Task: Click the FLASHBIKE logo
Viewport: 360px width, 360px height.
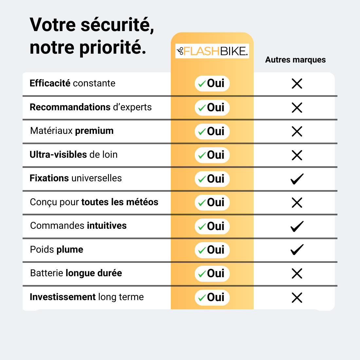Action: (x=212, y=51)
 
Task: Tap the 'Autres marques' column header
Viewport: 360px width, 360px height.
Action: (x=295, y=60)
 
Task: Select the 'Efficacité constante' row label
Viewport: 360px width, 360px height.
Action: (x=72, y=83)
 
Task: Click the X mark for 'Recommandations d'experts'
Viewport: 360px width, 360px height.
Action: (x=297, y=108)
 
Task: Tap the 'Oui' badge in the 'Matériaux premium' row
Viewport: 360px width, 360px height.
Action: (x=212, y=131)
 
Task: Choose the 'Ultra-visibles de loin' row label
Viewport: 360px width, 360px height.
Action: (x=73, y=154)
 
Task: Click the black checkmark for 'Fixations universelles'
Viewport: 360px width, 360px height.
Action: (x=297, y=179)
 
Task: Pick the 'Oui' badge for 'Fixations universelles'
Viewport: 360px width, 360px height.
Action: (x=212, y=179)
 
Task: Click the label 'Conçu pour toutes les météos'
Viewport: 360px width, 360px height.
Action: (x=94, y=202)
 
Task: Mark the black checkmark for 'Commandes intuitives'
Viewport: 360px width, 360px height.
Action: (x=297, y=226)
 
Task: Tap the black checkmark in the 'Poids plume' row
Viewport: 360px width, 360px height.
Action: (x=297, y=250)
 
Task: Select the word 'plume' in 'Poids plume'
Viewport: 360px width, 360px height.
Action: (x=70, y=250)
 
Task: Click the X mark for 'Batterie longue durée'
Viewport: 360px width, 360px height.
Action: (x=297, y=274)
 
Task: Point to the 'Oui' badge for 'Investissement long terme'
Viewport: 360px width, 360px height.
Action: (x=212, y=297)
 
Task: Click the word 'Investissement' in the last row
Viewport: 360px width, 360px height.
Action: (x=63, y=297)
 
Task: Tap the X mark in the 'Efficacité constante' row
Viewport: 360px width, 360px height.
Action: (x=297, y=84)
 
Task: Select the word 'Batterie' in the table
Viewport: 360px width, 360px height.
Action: (x=46, y=273)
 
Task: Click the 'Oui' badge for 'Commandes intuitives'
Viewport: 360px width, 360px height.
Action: (x=212, y=226)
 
